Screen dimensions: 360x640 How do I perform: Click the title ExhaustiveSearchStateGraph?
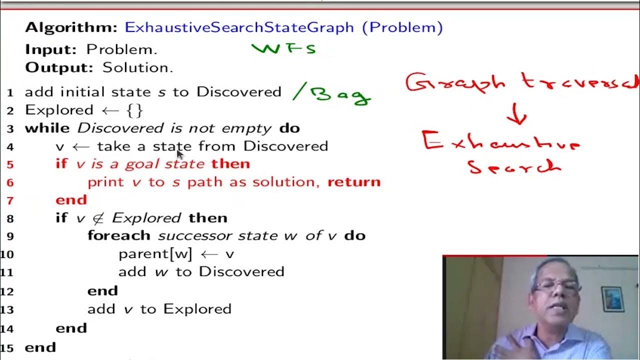pos(239,27)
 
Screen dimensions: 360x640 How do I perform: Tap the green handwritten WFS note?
pos(283,48)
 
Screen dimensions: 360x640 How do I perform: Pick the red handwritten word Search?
pos(514,166)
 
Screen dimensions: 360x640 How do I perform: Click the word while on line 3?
pos(47,128)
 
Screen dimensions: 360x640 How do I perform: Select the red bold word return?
pos(354,182)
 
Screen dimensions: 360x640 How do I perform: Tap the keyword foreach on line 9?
pos(119,235)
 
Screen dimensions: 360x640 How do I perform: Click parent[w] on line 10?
pos(155,254)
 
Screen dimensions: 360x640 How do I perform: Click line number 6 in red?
pos(10,182)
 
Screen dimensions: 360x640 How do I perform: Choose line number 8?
pos(10,218)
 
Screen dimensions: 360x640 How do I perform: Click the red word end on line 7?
pos(71,200)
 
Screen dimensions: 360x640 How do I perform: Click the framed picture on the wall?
pos(612,298)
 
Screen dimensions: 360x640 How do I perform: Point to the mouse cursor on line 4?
pos(180,154)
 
